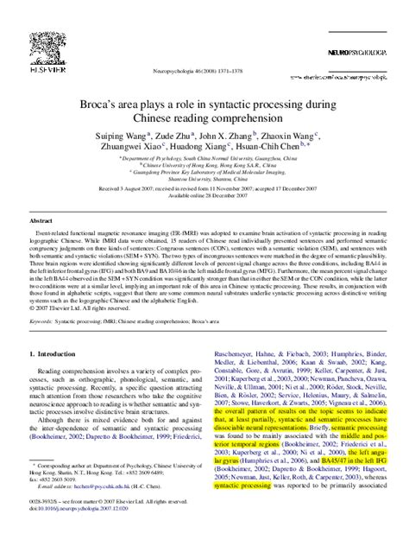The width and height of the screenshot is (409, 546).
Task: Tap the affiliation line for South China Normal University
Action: point(204,160)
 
